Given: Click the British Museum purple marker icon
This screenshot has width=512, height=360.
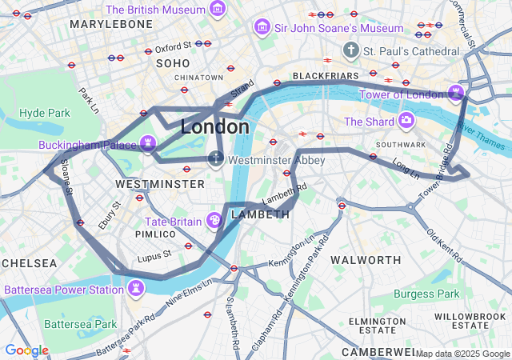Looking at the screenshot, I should click(217, 10).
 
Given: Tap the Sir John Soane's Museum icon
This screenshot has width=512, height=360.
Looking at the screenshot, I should click(261, 28).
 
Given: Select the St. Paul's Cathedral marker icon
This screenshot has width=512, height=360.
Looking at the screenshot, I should click(350, 51).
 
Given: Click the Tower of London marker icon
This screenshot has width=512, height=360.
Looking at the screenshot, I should click(456, 94).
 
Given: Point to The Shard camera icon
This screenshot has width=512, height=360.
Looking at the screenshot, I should click(406, 122).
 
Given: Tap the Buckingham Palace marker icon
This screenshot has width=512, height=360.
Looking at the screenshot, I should click(148, 144).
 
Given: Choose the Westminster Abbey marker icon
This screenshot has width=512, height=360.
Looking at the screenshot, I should click(216, 159).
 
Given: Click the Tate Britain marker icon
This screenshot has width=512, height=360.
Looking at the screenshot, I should click(214, 220).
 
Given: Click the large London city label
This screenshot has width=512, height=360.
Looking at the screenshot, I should click(214, 127).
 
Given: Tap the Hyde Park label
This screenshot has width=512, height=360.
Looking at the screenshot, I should click(44, 113).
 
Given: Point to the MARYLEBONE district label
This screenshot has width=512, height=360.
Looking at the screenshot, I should click(111, 25).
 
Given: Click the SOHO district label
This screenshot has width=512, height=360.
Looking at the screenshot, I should click(173, 63).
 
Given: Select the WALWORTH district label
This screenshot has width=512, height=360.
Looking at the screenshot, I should click(366, 260).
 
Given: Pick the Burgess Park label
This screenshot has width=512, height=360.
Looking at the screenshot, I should click(426, 294).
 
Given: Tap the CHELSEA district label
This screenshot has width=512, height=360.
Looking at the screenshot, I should click(29, 263).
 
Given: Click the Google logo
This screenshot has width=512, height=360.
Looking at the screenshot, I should click(26, 350).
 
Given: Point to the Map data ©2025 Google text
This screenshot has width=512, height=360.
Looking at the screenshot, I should click(462, 354).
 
